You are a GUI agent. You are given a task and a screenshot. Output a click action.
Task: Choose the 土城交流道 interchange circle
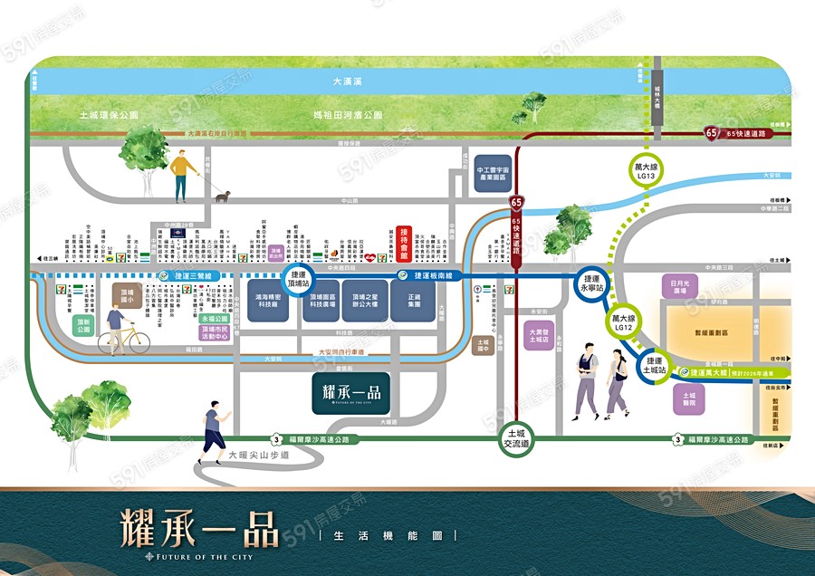(518, 439)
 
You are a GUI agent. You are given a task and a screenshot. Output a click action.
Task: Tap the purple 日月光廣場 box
(679, 287)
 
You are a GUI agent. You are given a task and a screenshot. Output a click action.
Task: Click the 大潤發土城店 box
(539, 337)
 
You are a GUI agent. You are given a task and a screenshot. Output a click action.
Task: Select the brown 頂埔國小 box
(128, 294)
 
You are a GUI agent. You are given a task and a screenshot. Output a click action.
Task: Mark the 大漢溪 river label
(348, 82)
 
